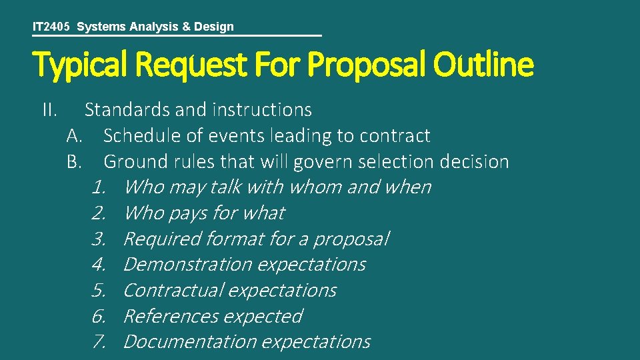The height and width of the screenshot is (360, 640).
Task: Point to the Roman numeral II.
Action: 49,109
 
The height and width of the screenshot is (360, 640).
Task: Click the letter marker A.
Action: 74,135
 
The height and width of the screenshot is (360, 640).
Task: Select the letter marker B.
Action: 74,161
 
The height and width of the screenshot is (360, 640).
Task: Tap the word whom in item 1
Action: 313,187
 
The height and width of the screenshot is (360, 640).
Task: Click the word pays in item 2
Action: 187,213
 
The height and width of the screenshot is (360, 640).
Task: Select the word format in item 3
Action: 235,239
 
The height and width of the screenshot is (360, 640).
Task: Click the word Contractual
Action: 174,291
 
